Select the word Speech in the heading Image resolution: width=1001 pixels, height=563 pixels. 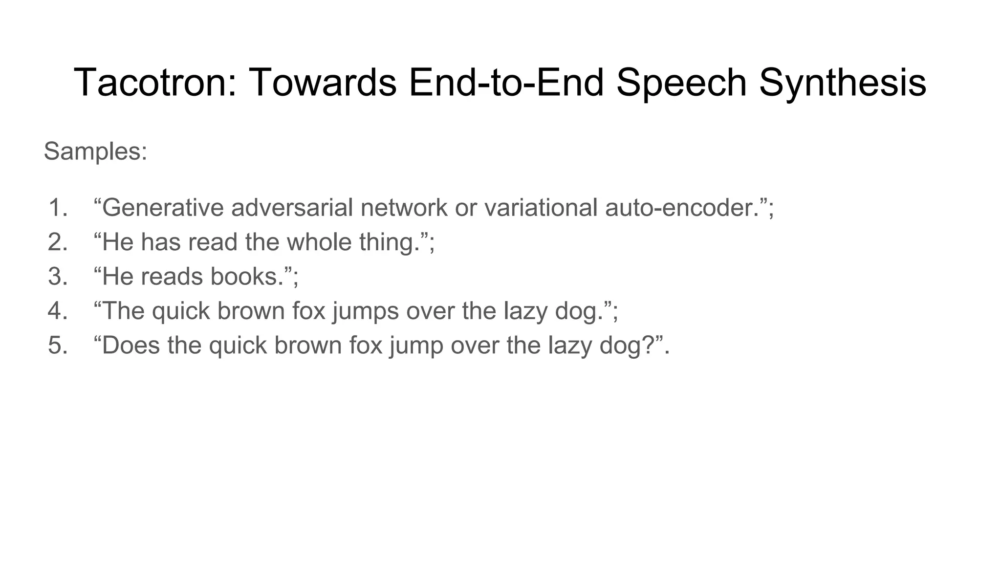[681, 82]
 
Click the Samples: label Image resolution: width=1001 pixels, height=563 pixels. [95, 151]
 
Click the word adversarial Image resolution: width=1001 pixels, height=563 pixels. [292, 207]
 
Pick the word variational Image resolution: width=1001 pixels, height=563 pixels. [541, 207]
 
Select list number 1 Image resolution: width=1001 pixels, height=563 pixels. [58, 207]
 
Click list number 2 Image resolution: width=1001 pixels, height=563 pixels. [58, 242]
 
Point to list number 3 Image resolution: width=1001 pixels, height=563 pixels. [58, 276]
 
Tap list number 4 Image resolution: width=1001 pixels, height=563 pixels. [58, 311]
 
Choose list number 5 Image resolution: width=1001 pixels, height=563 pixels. [58, 345]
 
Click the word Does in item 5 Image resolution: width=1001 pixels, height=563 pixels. [131, 345]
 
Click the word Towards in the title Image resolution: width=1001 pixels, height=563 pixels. [323, 82]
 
